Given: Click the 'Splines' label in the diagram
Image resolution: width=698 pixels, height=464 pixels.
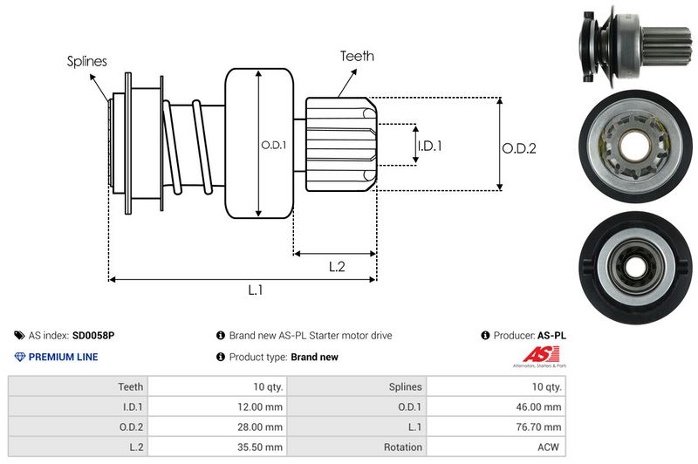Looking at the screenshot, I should pyautogui.click(x=86, y=61).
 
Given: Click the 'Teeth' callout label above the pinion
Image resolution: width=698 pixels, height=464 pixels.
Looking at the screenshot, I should pyautogui.click(x=357, y=56).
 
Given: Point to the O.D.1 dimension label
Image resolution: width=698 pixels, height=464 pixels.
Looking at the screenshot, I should pyautogui.click(x=273, y=146).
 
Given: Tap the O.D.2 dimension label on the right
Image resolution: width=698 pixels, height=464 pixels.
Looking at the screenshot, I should pyautogui.click(x=518, y=148).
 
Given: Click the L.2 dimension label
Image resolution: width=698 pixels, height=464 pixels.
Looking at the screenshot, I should pyautogui.click(x=338, y=267).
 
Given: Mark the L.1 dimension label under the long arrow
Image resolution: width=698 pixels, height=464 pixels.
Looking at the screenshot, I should pyautogui.click(x=256, y=291).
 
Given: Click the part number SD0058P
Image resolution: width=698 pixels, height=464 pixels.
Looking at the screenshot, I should pyautogui.click(x=92, y=335).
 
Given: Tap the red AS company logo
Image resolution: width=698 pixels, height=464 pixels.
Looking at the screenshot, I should pyautogui.click(x=535, y=353).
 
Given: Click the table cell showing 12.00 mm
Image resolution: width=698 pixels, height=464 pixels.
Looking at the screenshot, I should pyautogui.click(x=260, y=406).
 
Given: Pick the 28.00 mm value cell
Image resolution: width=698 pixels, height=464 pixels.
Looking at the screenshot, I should pyautogui.click(x=260, y=426).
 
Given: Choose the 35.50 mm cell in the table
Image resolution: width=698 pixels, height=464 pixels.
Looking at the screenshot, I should pyautogui.click(x=260, y=447).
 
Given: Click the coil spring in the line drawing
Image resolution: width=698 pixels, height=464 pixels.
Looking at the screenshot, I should pyautogui.click(x=188, y=144).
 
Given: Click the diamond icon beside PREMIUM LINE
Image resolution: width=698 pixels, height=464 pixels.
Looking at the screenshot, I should pyautogui.click(x=19, y=357).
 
